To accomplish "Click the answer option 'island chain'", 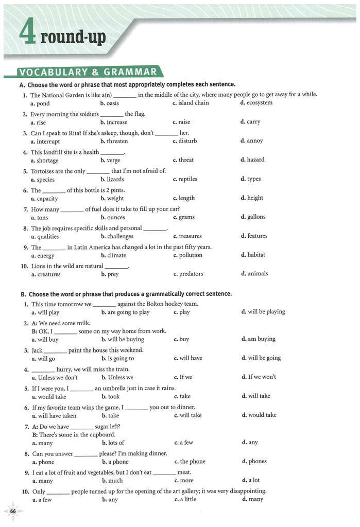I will [193, 103].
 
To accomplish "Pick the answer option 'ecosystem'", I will [259, 103].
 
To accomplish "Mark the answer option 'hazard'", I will [255, 160].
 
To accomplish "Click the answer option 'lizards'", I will [114, 179].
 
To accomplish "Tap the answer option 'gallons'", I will [256, 217].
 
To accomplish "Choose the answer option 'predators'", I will [191, 274].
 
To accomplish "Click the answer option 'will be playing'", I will [266, 312].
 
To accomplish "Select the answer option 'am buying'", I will [262, 339].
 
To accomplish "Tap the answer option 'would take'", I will [52, 396].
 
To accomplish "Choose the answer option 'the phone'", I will [192, 462].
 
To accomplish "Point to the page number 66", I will [13, 511].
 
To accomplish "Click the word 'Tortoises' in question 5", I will [43, 171].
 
